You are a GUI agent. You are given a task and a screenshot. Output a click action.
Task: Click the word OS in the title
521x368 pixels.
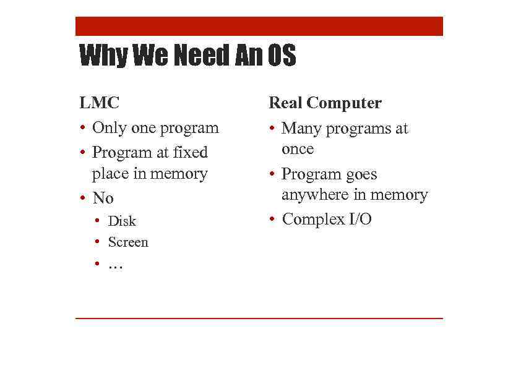point(282,56)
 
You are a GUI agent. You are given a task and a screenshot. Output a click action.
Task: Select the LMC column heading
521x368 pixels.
point(99,103)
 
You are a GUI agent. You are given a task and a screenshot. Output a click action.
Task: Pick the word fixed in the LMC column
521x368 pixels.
point(191,152)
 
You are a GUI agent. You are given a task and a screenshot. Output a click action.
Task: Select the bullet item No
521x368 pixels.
point(103,199)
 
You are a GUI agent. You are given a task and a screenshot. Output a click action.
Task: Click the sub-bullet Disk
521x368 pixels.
point(122,221)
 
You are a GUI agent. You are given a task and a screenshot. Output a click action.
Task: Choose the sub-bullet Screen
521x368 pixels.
point(128,242)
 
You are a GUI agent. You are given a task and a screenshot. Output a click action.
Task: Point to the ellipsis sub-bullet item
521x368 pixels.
point(116,265)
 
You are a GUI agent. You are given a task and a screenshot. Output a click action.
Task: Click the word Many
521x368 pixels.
point(301,129)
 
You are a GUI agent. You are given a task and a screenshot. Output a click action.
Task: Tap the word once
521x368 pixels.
point(298,149)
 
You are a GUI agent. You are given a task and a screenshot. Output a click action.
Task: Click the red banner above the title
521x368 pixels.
point(259,27)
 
